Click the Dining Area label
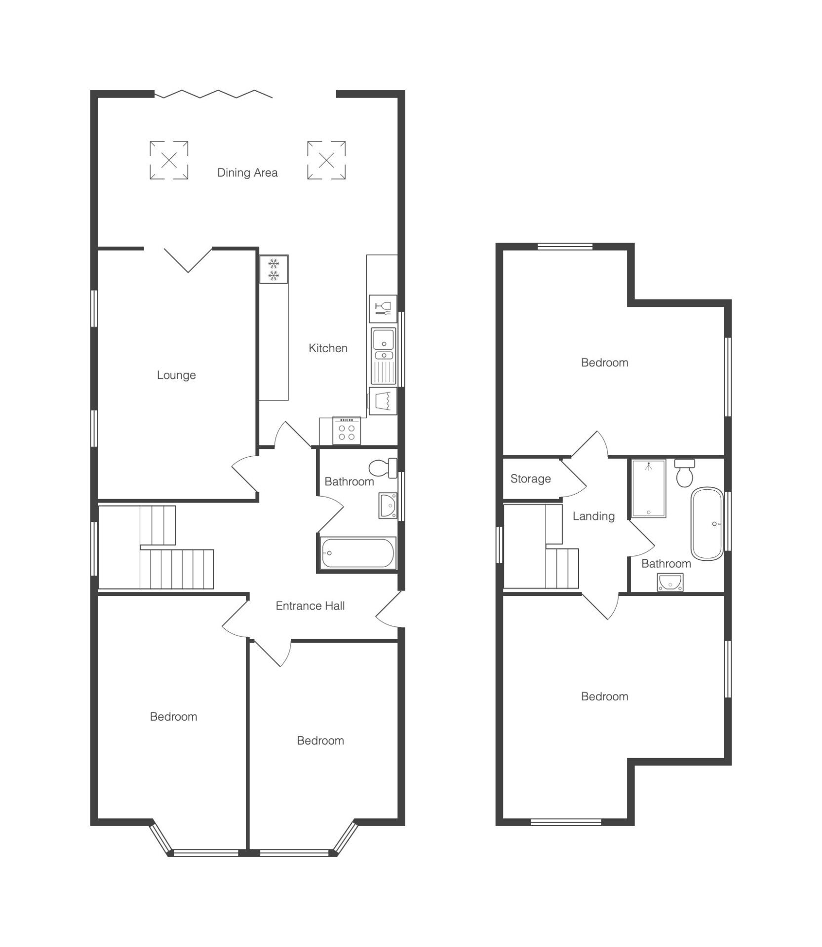247,173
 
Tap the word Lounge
176,375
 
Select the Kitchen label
328,348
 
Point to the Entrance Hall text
310,606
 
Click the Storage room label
530,479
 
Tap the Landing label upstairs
593,516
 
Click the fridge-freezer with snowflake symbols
274,269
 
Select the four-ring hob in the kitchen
347,431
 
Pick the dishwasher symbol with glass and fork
383,309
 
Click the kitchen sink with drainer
384,356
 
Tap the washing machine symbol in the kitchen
383,401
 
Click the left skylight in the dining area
169,160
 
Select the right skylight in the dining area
326,160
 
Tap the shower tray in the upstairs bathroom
649,488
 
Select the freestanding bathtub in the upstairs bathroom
707,523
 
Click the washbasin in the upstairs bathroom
670,583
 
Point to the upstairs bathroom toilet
685,473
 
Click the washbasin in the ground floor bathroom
388,506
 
